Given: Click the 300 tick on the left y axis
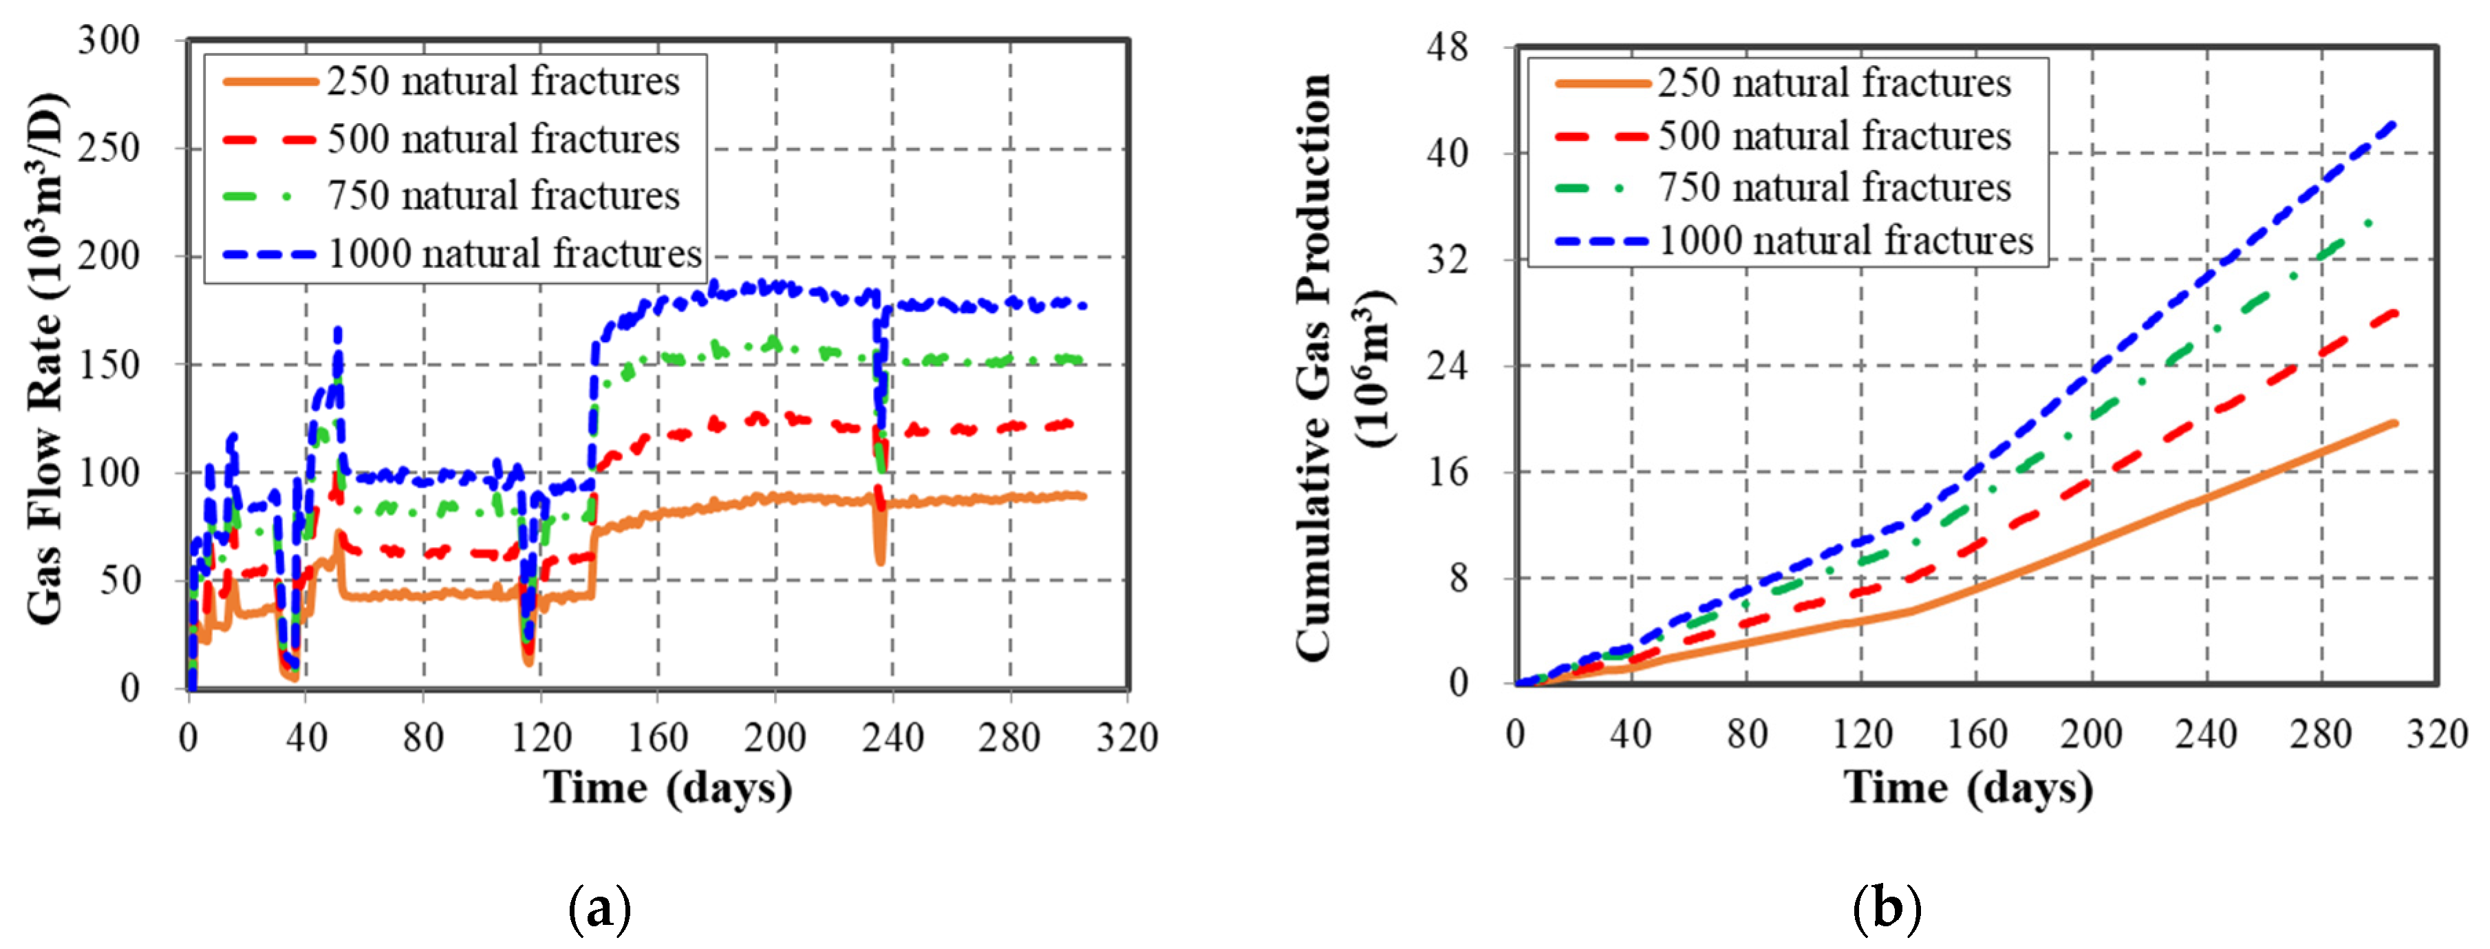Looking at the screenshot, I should [x=108, y=41].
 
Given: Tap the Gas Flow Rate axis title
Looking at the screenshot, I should [x=45, y=359].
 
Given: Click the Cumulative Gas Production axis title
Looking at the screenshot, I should [x=1340, y=367].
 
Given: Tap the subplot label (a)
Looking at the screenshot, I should [x=599, y=908].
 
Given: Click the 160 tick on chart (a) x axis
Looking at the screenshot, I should [x=657, y=738].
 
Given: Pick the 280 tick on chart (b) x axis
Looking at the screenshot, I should [x=2320, y=734].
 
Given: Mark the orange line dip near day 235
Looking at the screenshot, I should [x=879, y=560].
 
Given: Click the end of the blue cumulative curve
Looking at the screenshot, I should [x=2394, y=122].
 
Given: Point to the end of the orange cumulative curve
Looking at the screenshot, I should [x=2395, y=423].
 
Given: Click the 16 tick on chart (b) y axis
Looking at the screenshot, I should [x=1447, y=471].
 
